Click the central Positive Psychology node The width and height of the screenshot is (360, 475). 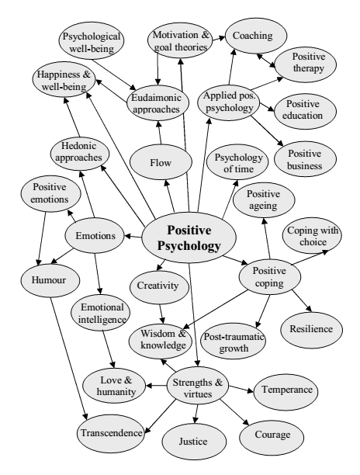coord(189,237)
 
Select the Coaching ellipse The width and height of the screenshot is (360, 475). coord(255,36)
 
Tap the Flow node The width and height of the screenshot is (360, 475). coord(161,162)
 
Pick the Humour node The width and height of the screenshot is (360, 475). coord(50,279)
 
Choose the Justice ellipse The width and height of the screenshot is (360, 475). coord(194,441)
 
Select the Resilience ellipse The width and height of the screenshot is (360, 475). coord(312,330)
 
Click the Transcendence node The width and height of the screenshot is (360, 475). coord(111,433)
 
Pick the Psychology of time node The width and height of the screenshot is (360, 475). coord(237,162)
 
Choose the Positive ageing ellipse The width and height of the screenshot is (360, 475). coord(264,199)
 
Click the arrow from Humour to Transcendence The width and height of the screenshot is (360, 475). coord(69,359)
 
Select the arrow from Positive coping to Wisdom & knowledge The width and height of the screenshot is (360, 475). coord(215,310)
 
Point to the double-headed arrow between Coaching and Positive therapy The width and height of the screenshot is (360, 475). coord(266,61)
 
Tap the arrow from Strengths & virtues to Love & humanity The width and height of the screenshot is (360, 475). coord(157,386)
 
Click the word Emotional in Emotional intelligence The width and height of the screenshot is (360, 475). coord(102,307)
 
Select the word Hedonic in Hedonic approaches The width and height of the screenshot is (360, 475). coord(78,146)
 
